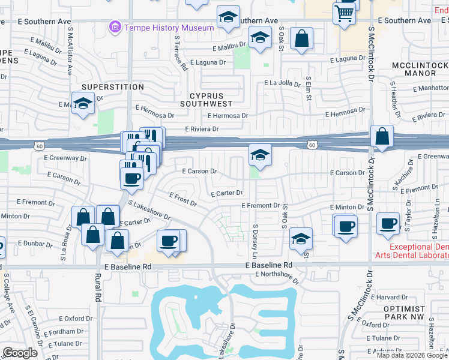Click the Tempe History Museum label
click(169, 28)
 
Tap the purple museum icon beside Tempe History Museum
click(114, 27)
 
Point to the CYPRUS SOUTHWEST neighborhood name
click(206, 100)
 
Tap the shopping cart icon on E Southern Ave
click(344, 13)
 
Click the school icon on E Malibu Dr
click(259, 38)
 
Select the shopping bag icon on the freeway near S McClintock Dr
click(382, 137)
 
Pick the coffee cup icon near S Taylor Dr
click(388, 224)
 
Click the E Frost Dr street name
click(183, 199)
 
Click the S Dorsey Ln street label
click(255, 238)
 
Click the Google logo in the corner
click(20, 353)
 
